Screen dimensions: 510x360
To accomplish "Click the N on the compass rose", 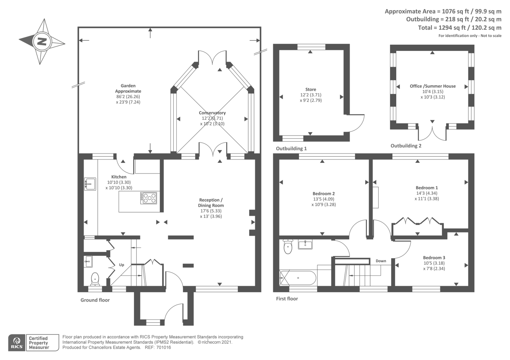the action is point(42,42).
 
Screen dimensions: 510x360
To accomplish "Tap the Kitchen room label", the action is point(119,177).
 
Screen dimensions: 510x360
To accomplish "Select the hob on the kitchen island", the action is point(149,198).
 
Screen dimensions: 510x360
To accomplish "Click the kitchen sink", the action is point(90,184).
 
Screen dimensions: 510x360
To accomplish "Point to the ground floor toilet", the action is point(95,279).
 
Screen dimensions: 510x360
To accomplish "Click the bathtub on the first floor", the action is point(298,277).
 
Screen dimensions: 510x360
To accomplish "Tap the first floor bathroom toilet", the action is point(288,247).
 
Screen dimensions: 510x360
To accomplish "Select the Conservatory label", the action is point(212,113).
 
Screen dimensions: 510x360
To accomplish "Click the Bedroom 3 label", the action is point(434,258).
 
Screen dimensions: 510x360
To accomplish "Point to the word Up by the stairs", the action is point(121,265).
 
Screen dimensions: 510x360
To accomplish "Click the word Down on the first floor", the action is point(381,261).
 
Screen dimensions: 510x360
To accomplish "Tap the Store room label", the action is point(311,90).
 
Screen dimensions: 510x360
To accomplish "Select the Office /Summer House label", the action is point(433,86).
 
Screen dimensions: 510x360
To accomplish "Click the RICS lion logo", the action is point(17,343).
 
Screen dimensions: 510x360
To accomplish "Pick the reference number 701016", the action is point(164,348).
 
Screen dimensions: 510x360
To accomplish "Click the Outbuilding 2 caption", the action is point(406,146).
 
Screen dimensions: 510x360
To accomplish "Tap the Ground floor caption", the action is point(95,300).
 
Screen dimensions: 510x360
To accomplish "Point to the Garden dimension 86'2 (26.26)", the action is point(128,97).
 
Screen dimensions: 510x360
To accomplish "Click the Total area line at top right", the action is point(460,28).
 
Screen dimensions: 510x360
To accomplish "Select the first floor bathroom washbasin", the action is point(305,244).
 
